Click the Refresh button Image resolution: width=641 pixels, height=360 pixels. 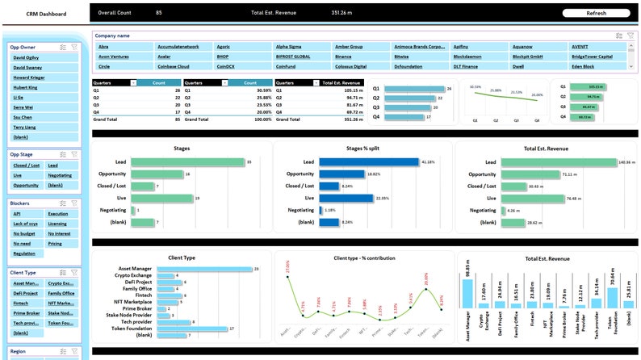596,13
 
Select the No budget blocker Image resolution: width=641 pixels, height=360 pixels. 24,232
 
